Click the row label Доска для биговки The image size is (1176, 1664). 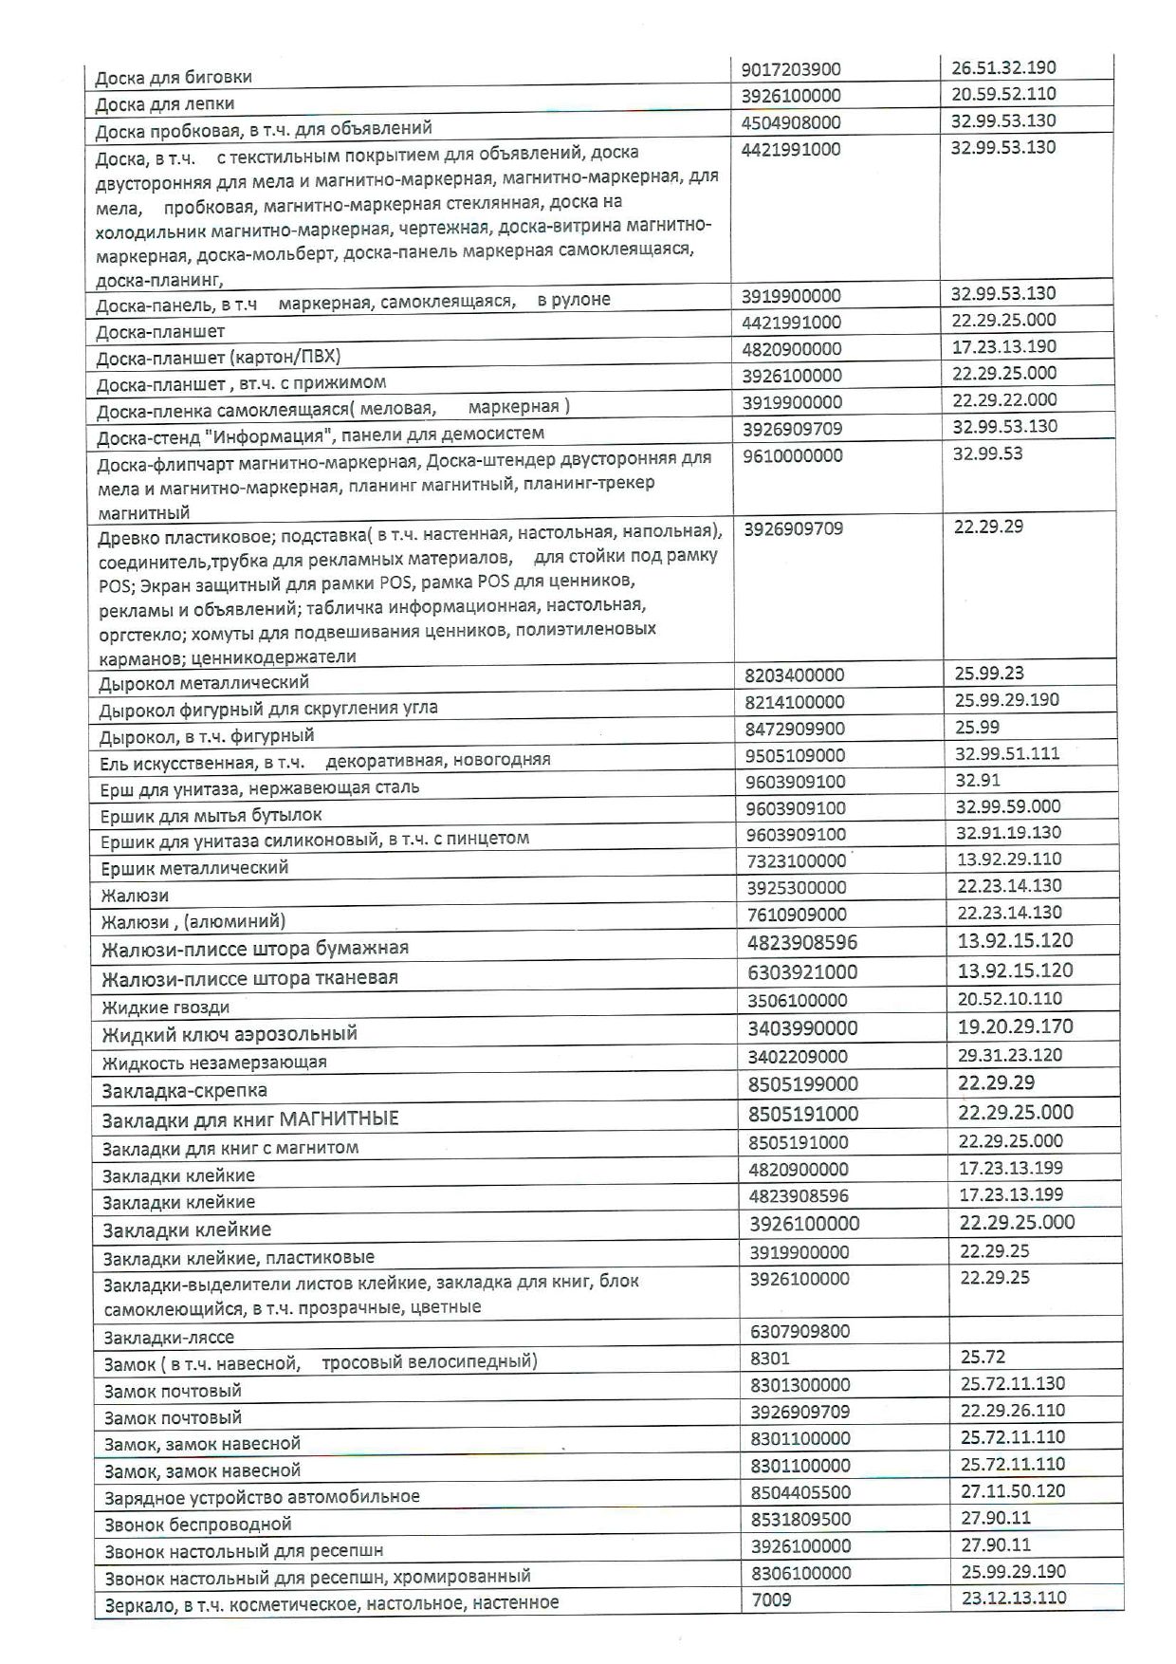[174, 78]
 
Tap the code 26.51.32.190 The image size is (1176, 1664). [1003, 67]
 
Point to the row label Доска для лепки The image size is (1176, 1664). [165, 103]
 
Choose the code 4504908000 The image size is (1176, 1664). [791, 122]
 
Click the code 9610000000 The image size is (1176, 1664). [792, 455]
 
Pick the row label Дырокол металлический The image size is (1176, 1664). [204, 682]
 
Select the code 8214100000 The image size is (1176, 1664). [794, 702]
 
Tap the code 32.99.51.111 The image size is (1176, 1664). [1008, 753]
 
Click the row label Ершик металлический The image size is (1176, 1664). [194, 867]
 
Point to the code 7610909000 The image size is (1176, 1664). [795, 915]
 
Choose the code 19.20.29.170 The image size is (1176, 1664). [1016, 1026]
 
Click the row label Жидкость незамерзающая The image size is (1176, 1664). [214, 1063]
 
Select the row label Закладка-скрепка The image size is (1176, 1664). [185, 1091]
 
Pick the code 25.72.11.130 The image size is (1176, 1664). [1012, 1383]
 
